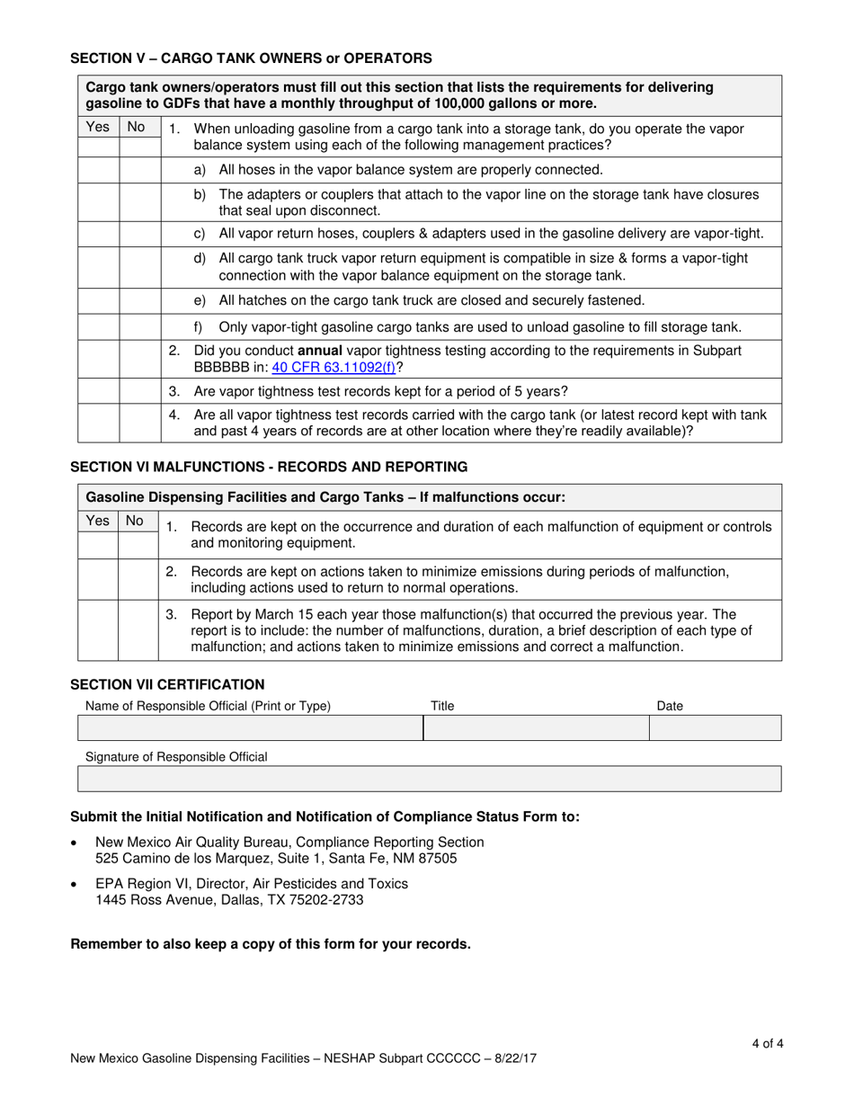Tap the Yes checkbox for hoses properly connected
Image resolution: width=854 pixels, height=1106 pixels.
click(98, 170)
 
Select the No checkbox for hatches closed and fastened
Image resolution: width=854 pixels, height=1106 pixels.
click(139, 300)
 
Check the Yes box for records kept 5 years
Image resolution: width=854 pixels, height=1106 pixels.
click(98, 391)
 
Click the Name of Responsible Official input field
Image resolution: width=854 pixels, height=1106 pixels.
click(250, 727)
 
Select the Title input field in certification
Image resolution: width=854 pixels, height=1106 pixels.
click(535, 727)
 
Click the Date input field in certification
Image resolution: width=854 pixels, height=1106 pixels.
click(715, 727)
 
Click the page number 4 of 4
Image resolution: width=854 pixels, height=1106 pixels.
click(768, 1044)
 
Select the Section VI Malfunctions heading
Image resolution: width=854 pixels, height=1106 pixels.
click(269, 467)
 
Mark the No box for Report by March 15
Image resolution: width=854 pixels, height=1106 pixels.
click(138, 630)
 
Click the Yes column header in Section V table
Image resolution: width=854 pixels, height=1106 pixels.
click(98, 129)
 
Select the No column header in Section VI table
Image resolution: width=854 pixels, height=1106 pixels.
click(136, 521)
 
